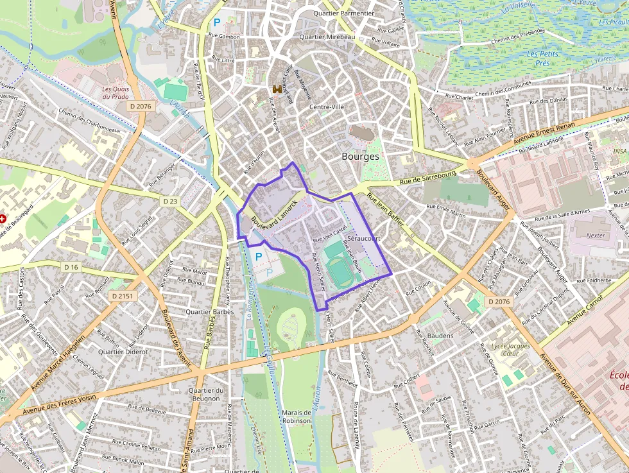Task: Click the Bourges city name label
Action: point(360,156)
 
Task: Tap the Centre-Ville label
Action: point(327,107)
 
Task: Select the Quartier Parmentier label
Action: point(343,13)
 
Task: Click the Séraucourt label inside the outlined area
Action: point(363,238)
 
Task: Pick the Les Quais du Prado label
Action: point(116,93)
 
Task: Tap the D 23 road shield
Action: point(169,201)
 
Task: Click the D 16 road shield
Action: point(71,266)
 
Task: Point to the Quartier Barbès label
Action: point(208,311)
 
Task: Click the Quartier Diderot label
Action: point(123,352)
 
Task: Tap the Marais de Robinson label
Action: point(296,416)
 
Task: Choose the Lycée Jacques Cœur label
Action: point(510,349)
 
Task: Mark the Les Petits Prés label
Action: point(542,58)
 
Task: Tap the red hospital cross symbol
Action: point(3,219)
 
